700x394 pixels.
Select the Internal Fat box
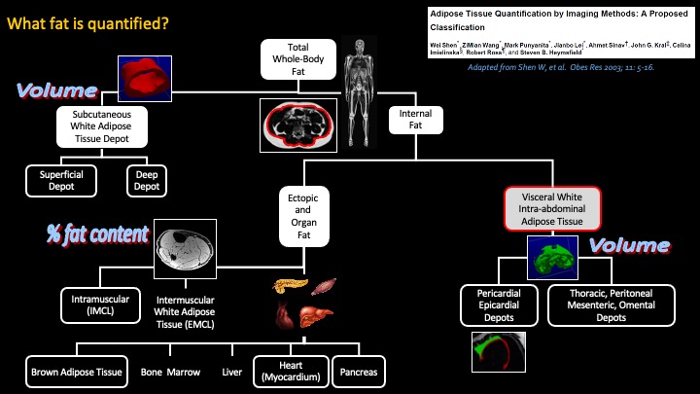[416, 120]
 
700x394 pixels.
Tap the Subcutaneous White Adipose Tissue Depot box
[102, 125]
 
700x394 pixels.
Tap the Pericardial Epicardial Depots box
[500, 304]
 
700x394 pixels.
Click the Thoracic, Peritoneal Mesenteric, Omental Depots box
[611, 304]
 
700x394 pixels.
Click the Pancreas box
[358, 372]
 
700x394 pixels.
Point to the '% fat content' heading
[97, 233]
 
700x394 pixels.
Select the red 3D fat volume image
[138, 74]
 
